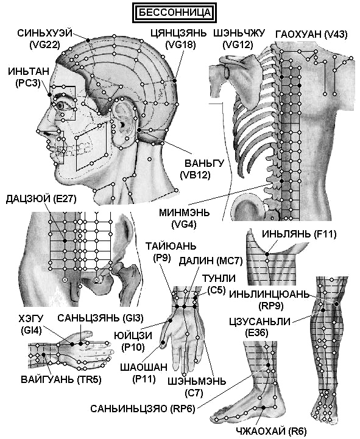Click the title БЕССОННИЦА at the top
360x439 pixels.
[x=174, y=13]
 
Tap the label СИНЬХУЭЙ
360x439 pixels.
[x=45, y=33]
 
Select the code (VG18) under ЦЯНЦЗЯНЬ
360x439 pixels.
[x=181, y=45]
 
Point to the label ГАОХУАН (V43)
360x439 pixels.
[x=311, y=34]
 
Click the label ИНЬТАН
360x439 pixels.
[x=28, y=71]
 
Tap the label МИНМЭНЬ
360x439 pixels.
[x=185, y=212]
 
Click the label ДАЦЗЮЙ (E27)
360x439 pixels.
[x=41, y=198]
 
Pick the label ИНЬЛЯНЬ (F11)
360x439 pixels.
[x=299, y=234]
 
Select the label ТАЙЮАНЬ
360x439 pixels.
[x=171, y=247]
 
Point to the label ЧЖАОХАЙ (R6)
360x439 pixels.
[x=271, y=431]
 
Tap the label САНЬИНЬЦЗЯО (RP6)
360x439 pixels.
[x=143, y=409]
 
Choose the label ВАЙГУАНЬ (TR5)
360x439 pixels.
[x=61, y=380]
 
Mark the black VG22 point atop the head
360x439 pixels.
[x=88, y=41]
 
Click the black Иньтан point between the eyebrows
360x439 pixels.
[x=50, y=95]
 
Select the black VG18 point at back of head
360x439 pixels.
[x=174, y=80]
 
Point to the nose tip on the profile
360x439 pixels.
[x=38, y=130]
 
